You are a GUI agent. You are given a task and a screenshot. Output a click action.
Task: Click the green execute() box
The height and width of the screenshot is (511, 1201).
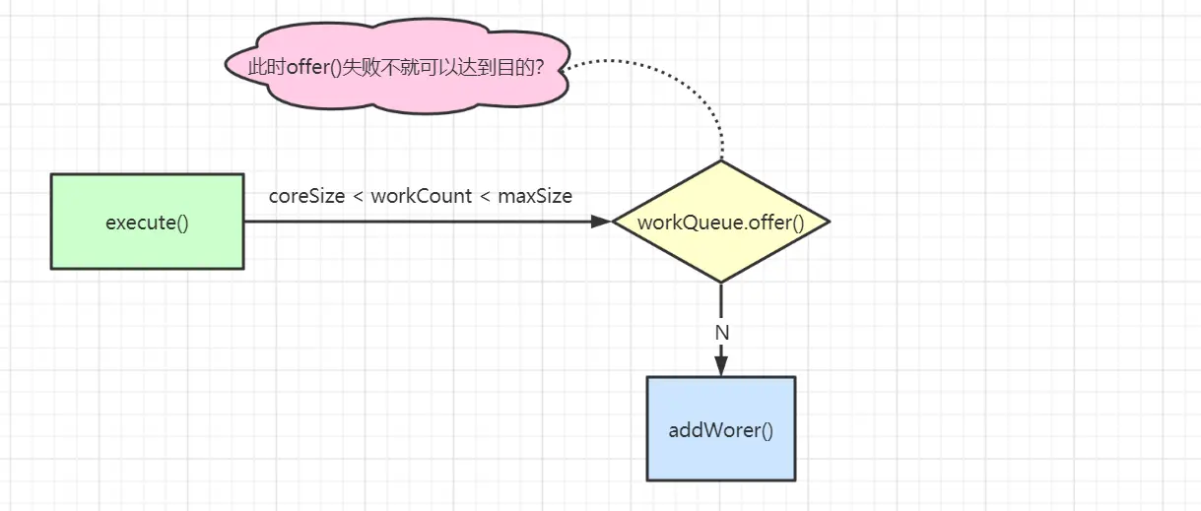click(x=147, y=222)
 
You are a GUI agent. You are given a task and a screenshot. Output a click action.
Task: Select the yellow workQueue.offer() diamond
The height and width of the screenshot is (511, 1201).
click(x=720, y=222)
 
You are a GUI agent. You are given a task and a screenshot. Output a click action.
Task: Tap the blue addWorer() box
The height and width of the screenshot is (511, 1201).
click(x=720, y=429)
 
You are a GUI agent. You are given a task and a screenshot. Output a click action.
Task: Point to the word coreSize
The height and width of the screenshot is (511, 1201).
click(x=306, y=196)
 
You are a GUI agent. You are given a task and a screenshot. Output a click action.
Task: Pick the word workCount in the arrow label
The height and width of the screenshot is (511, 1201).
click(x=421, y=196)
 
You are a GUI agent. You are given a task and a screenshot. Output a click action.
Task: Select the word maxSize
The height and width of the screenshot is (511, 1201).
click(x=535, y=196)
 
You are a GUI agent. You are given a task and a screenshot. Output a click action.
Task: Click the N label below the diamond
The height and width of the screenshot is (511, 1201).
click(x=721, y=333)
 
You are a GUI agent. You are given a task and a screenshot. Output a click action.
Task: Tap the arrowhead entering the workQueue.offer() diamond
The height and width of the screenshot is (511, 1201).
click(x=601, y=222)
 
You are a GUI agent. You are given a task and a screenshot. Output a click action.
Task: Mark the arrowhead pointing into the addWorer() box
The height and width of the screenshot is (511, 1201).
click(x=720, y=366)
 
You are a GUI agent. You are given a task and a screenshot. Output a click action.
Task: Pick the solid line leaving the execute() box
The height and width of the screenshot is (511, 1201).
click(x=414, y=222)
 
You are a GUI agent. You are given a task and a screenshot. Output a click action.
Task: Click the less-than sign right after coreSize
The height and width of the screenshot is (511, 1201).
click(x=358, y=197)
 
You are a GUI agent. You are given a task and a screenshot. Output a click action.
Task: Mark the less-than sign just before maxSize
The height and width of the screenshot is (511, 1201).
click(x=485, y=197)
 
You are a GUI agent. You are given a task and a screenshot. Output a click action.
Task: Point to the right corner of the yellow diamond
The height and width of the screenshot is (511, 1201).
click(x=827, y=222)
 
